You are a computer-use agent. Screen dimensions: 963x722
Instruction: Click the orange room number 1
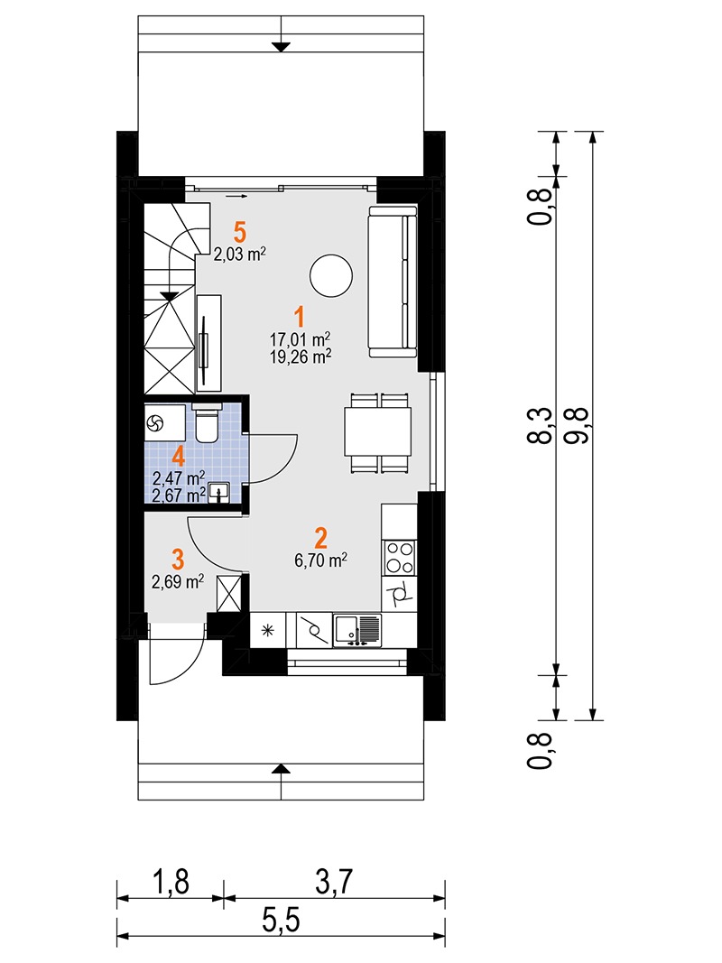point(299,317)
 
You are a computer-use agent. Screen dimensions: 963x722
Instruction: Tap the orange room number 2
point(319,538)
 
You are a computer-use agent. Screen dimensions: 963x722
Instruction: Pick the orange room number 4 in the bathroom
point(179,455)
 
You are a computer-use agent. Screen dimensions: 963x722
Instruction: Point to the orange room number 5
point(238,232)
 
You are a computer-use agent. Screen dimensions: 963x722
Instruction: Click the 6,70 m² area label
point(319,560)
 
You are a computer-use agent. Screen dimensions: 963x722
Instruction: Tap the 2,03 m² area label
point(239,255)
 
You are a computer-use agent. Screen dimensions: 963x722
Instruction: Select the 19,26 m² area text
point(300,355)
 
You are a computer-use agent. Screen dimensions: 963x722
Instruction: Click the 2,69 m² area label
point(179,582)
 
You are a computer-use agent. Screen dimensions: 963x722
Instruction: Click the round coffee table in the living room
point(330,275)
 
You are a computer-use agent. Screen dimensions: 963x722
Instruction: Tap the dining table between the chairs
point(379,431)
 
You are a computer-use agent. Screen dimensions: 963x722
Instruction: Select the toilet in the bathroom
point(207,424)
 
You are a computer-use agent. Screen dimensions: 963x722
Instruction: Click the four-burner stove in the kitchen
point(401,556)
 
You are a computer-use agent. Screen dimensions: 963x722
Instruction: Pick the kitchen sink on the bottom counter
point(357,629)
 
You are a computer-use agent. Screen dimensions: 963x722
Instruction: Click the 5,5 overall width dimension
point(281,922)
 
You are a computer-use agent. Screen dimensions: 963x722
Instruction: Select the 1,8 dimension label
point(170,882)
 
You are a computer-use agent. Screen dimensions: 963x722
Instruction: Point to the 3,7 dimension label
point(334,882)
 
